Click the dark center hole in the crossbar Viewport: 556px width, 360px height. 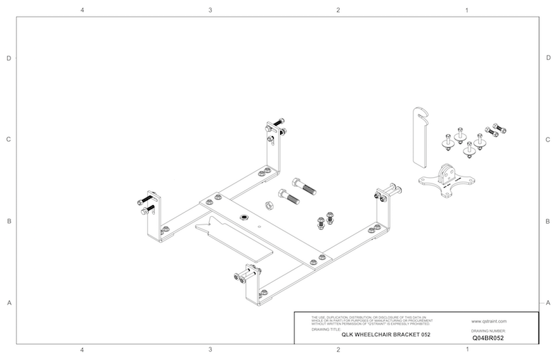point(245,218)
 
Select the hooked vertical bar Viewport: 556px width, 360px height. point(417,136)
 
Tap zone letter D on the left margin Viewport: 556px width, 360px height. point(8,58)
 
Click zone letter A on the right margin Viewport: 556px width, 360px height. point(548,303)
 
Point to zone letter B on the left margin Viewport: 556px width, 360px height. point(8,222)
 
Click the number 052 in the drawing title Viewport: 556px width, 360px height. point(425,335)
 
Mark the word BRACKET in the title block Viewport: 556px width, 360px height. point(403,335)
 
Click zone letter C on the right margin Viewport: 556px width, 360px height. point(548,139)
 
